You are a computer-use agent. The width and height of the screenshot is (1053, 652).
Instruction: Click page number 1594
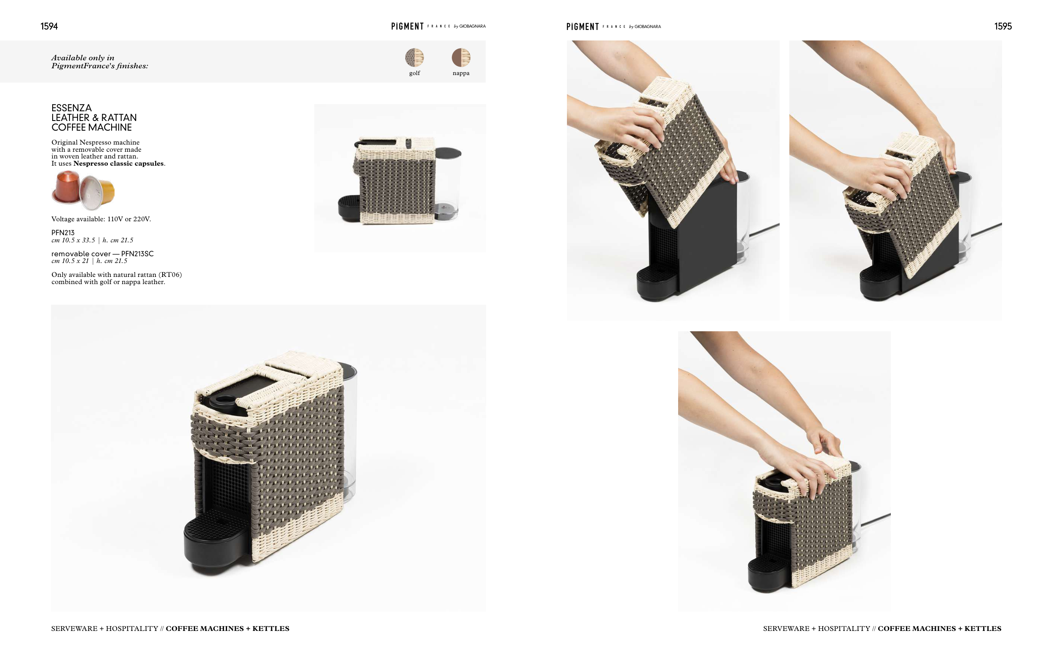(x=49, y=26)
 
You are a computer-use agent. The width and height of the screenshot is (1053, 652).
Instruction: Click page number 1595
(x=1002, y=26)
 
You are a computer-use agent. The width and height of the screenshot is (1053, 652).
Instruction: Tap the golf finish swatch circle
(x=414, y=57)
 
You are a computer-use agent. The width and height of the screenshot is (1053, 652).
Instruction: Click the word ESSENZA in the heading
(x=72, y=108)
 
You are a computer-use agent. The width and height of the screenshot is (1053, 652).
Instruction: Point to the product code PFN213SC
(x=137, y=254)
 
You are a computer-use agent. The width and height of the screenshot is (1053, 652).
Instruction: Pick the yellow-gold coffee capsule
(x=98, y=193)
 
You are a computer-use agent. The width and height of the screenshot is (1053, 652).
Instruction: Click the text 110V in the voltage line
(x=115, y=219)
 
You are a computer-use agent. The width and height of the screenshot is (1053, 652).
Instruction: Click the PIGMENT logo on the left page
(x=407, y=26)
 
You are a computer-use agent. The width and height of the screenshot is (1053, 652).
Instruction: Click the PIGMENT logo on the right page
(x=583, y=27)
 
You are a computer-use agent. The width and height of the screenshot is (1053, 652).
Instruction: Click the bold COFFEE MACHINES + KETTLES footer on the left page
(x=227, y=628)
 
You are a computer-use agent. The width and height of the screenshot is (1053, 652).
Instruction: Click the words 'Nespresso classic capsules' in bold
(x=118, y=164)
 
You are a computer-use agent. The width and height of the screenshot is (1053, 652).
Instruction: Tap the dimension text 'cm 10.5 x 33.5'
(x=73, y=240)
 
